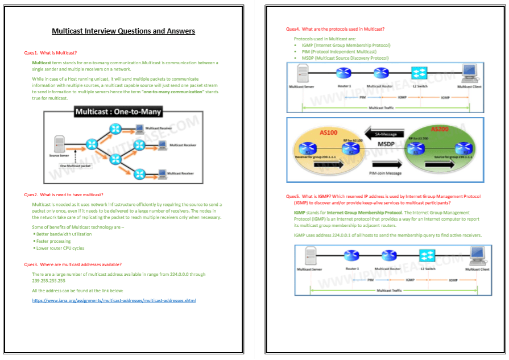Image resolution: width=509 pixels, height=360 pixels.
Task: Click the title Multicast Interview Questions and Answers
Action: click(123, 31)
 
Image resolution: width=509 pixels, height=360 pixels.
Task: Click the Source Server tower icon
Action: click(58, 144)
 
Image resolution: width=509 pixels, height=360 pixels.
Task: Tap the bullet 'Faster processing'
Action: click(53, 241)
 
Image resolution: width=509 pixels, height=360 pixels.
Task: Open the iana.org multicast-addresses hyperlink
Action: click(114, 300)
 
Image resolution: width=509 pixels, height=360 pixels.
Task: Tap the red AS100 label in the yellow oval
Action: click(329, 132)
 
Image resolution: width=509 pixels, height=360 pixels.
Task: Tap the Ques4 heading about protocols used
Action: click(335, 29)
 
